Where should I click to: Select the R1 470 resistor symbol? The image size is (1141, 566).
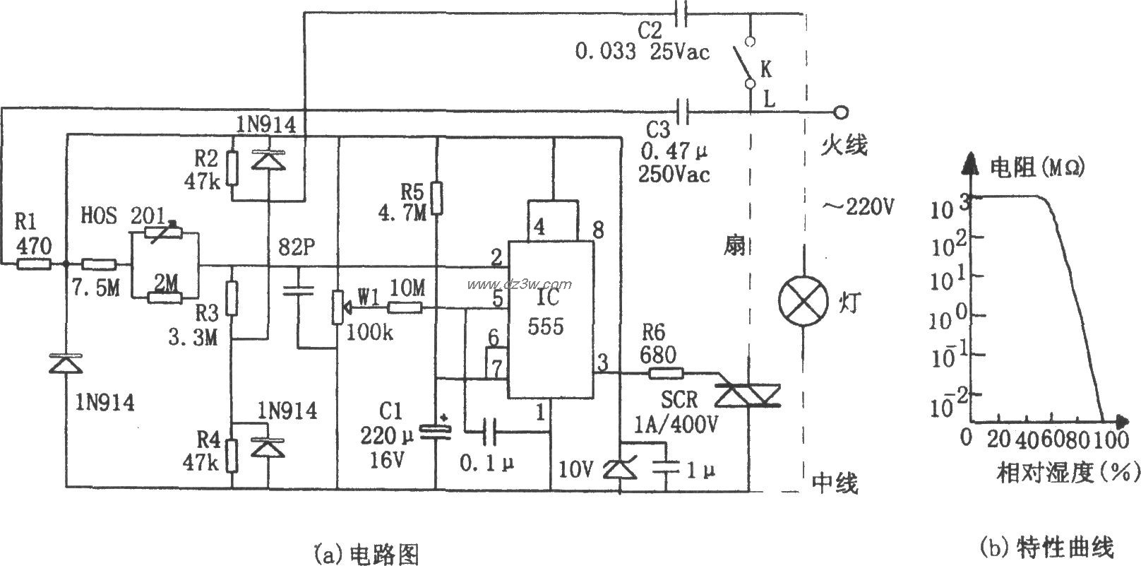point(33,264)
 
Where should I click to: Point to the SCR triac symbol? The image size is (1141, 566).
point(747,395)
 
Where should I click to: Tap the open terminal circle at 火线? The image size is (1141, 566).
point(840,112)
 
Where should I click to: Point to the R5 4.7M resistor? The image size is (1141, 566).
point(437,198)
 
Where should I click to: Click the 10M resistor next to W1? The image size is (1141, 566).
point(405,307)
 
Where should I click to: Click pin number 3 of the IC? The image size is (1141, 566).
point(602,362)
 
